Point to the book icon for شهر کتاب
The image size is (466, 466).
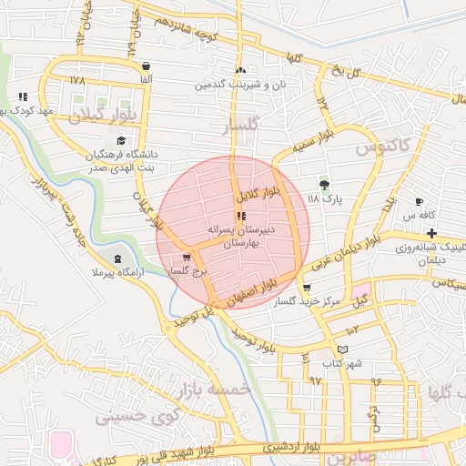coord(342,349)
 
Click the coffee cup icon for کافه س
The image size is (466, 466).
coord(419,201)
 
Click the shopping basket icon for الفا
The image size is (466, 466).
coord(147,66)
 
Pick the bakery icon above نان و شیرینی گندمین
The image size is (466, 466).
coord(240,70)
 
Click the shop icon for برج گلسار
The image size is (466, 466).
coord(187,258)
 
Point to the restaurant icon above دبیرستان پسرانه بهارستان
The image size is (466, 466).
coord(240,216)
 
